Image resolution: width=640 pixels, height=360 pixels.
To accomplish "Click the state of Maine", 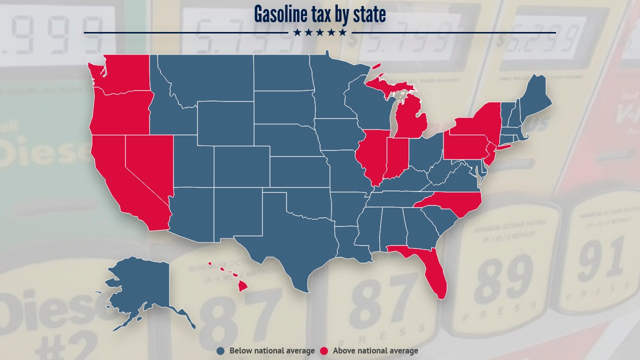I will tap(535, 97).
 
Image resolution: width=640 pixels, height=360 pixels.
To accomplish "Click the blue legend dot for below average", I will tap(221, 351).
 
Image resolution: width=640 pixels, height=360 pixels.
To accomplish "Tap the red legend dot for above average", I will tap(324, 351).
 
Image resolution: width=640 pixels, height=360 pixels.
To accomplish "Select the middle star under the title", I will tap(320, 32).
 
